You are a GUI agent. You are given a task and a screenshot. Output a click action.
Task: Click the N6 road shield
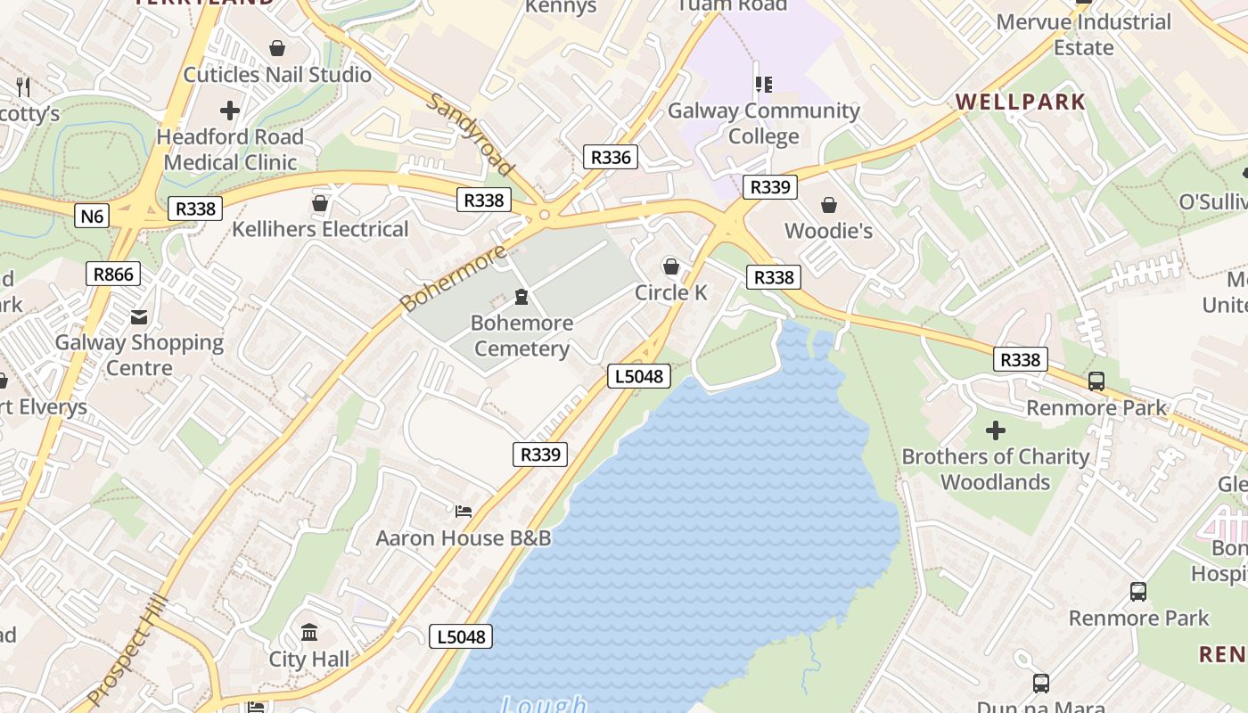(92, 216)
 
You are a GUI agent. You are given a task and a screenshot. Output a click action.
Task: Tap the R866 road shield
(113, 275)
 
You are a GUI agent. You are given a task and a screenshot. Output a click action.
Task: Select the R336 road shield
(611, 158)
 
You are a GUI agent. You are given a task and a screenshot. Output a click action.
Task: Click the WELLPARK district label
(1021, 102)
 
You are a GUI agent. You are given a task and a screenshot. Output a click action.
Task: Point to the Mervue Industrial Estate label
(1083, 35)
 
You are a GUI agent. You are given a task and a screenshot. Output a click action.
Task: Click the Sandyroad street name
(471, 135)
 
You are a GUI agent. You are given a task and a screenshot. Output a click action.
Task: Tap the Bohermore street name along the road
(454, 277)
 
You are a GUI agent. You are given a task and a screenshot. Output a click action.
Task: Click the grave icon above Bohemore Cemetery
(521, 297)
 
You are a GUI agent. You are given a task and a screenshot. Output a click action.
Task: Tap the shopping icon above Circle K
(670, 266)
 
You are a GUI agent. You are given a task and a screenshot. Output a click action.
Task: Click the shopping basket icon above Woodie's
(828, 205)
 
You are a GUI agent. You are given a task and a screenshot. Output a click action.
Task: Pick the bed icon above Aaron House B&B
(464, 512)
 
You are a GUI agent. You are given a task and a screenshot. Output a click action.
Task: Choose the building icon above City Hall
(309, 633)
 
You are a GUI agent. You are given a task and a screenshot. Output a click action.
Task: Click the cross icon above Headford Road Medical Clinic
(230, 111)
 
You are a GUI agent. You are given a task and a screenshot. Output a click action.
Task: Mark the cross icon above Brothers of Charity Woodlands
(995, 431)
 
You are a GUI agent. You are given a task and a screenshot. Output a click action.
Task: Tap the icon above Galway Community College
(763, 85)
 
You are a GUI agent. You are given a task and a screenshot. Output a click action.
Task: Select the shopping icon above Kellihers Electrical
(320, 204)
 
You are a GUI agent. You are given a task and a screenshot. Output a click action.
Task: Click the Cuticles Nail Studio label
(277, 75)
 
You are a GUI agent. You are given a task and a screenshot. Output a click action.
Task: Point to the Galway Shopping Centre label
(139, 355)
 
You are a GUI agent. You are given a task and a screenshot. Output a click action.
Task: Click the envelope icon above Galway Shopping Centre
(139, 316)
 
